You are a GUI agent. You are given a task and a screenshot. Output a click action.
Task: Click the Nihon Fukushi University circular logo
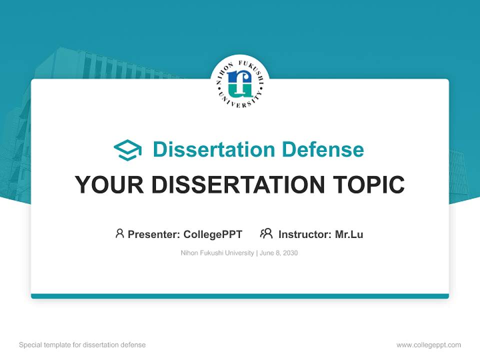pos(240,84)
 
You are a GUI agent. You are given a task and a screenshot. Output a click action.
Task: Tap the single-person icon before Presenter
pos(119,233)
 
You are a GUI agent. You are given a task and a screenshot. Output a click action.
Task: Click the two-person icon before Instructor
pos(266,233)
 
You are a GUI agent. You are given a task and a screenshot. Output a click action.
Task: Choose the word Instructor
pos(304,234)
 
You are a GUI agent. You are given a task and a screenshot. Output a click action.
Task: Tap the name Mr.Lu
pos(349,234)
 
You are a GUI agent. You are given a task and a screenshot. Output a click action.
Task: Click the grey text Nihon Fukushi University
pos(217,253)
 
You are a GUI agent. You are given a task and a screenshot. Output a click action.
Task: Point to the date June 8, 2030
pos(278,253)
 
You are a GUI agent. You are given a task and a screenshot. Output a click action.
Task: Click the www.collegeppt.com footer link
pos(428,345)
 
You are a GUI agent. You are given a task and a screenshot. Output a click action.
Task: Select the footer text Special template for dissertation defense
pos(82,345)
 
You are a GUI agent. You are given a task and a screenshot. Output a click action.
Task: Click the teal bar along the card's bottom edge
pos(240,296)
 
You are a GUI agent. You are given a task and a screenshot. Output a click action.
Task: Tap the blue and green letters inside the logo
pos(240,83)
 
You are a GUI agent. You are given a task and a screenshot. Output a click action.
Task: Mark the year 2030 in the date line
pos(290,253)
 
